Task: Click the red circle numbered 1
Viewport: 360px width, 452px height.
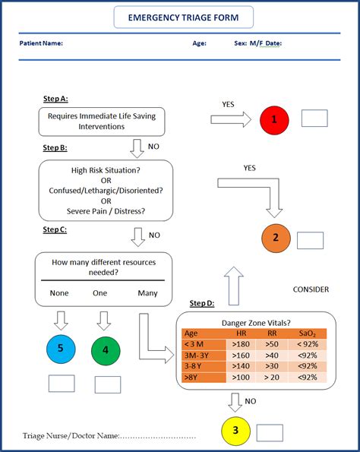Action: coord(274,119)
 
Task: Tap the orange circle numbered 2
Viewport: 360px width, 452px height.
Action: coord(276,238)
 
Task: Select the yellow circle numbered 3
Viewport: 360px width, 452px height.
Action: coord(235,431)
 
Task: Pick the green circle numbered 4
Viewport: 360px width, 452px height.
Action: coord(106,350)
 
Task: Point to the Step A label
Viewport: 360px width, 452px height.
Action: coord(55,99)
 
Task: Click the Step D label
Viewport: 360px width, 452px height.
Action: coord(201,303)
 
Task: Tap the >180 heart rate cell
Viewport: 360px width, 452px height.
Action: coord(242,344)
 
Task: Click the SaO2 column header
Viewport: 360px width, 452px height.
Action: coord(308,333)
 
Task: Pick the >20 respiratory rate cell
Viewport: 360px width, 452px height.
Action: coord(272,378)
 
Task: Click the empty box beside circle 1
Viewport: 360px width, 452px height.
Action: coord(314,119)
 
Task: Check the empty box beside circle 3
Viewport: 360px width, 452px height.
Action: coord(269,432)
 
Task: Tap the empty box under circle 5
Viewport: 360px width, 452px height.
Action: coord(62,383)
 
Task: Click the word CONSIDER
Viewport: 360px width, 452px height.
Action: coord(311,289)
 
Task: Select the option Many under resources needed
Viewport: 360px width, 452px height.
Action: coord(148,292)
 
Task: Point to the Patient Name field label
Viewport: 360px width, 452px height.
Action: coord(41,43)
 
